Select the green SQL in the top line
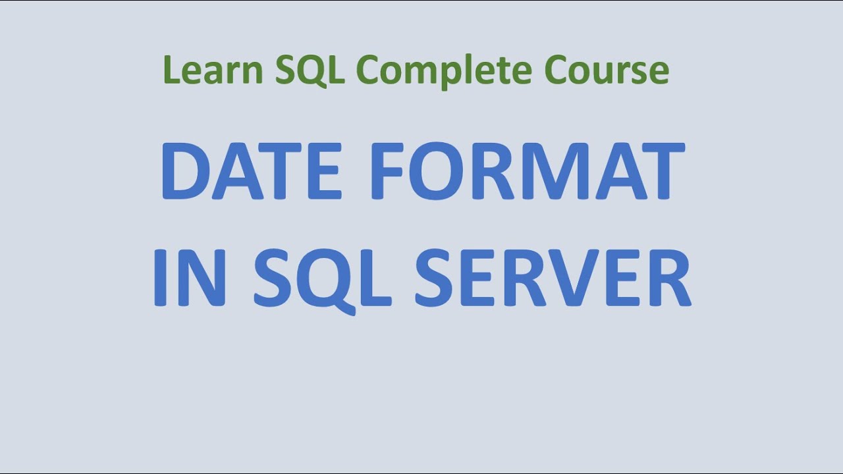pos(310,70)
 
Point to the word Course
pos(607,70)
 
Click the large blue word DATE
pos(251,172)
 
